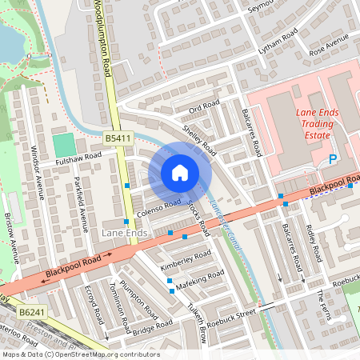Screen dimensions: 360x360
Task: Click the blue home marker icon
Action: coord(180,173)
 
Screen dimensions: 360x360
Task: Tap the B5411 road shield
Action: coord(118,139)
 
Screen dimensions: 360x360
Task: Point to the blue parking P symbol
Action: coord(333,160)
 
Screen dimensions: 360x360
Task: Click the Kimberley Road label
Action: coord(186,258)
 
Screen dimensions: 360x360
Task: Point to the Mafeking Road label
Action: coord(201,278)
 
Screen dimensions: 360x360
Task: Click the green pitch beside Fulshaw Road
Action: coord(63,146)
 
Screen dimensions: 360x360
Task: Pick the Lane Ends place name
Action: coord(124,232)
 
